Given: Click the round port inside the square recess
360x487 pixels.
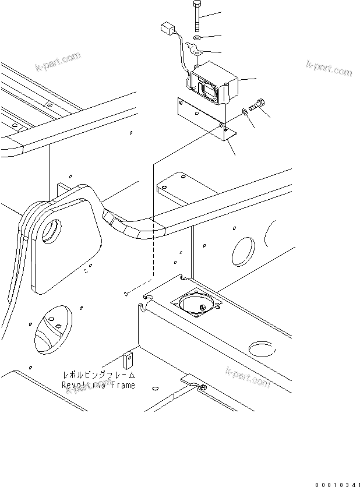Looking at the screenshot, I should click(x=198, y=304).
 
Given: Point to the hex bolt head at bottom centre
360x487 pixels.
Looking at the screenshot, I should click(x=203, y=388).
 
